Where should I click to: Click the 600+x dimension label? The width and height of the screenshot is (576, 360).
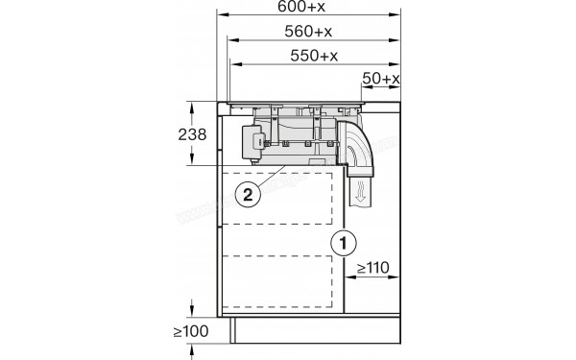(x=307, y=8)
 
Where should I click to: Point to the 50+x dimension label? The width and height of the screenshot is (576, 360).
(x=380, y=77)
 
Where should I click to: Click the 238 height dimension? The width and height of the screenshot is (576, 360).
(x=193, y=134)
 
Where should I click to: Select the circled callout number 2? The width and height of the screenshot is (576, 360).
(x=248, y=194)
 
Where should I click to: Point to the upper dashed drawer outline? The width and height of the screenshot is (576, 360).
(x=284, y=198)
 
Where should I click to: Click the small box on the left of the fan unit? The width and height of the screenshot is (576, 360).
(x=252, y=140)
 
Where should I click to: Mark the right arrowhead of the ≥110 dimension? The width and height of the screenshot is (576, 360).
(x=397, y=277)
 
